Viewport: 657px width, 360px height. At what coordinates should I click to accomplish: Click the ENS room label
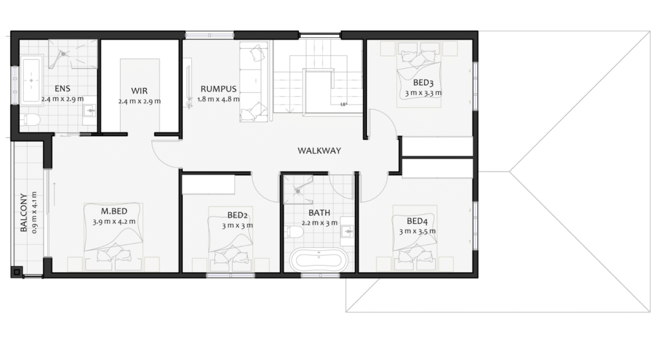pos(62,89)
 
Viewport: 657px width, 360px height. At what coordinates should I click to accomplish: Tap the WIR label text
pos(139,91)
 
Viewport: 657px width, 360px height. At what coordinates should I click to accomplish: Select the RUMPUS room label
pos(218,89)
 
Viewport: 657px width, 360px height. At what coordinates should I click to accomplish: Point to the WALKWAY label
pos(320,150)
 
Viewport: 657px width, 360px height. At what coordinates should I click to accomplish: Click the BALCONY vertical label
pos(24,212)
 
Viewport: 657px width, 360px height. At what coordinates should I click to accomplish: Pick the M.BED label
pos(114,211)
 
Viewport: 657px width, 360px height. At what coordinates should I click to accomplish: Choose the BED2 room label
pos(237,216)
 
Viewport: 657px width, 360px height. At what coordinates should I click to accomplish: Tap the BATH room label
pos(320,213)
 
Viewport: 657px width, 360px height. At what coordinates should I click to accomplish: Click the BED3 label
pos(423,83)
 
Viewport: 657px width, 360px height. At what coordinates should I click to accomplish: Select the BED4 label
pos(417,221)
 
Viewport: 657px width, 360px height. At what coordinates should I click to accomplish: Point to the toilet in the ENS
pos(30,120)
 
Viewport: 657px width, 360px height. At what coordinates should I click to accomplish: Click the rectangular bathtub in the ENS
pos(31,80)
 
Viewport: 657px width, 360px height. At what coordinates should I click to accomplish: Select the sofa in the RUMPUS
pos(253,82)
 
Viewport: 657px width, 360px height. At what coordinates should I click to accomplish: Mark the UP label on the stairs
pos(344,105)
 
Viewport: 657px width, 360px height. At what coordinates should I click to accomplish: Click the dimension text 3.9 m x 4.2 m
pos(114,221)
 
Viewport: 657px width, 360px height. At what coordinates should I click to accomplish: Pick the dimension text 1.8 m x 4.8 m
pos(218,99)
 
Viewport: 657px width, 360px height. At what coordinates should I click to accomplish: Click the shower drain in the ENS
pos(64,54)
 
